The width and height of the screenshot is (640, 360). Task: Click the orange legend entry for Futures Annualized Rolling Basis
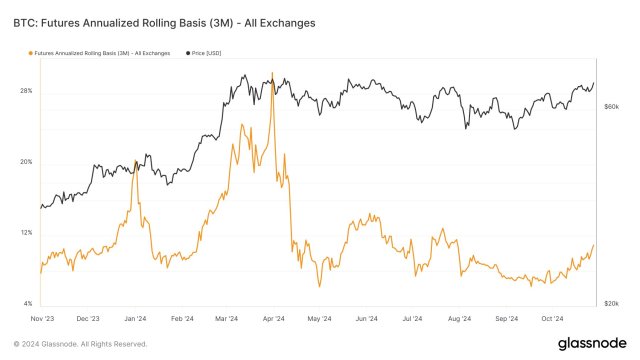tap(96, 52)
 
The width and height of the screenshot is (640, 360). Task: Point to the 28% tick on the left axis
tap(26, 91)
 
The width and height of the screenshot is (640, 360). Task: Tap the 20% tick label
tap(26, 162)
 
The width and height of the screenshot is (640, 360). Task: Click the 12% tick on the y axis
tap(26, 233)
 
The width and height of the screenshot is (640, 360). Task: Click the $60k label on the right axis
tap(612, 106)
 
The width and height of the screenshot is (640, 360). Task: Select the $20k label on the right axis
tap(612, 302)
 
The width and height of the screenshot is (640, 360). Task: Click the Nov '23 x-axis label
tap(41, 319)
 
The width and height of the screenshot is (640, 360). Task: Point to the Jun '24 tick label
tap(366, 319)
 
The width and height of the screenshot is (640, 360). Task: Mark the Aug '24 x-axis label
tap(459, 319)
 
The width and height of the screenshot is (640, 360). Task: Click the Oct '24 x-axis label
tap(552, 319)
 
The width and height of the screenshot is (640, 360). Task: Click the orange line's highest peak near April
tap(273, 73)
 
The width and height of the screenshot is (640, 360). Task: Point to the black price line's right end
tap(595, 83)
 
